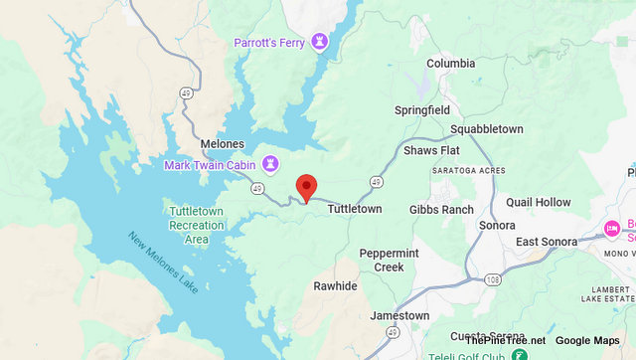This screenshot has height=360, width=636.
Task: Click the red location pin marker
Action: [x=307, y=186]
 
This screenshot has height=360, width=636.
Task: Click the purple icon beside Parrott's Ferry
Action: [x=320, y=42]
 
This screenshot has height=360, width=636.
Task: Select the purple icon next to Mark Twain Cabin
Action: [x=270, y=163]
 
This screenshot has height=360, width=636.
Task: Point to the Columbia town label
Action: [x=451, y=64]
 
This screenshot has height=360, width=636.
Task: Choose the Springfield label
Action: [x=422, y=109]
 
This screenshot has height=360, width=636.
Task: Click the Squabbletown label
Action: [x=486, y=129]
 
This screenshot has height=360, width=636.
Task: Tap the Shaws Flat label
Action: [x=432, y=150]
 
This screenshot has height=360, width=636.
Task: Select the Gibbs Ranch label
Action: [x=441, y=210]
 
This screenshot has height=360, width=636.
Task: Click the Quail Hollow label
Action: [x=539, y=202]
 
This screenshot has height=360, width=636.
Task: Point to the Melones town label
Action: [x=222, y=144]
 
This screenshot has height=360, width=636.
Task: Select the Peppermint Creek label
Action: [x=389, y=260]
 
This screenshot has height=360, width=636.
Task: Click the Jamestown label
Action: [x=398, y=316]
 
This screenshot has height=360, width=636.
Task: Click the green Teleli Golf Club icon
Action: [x=519, y=354]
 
